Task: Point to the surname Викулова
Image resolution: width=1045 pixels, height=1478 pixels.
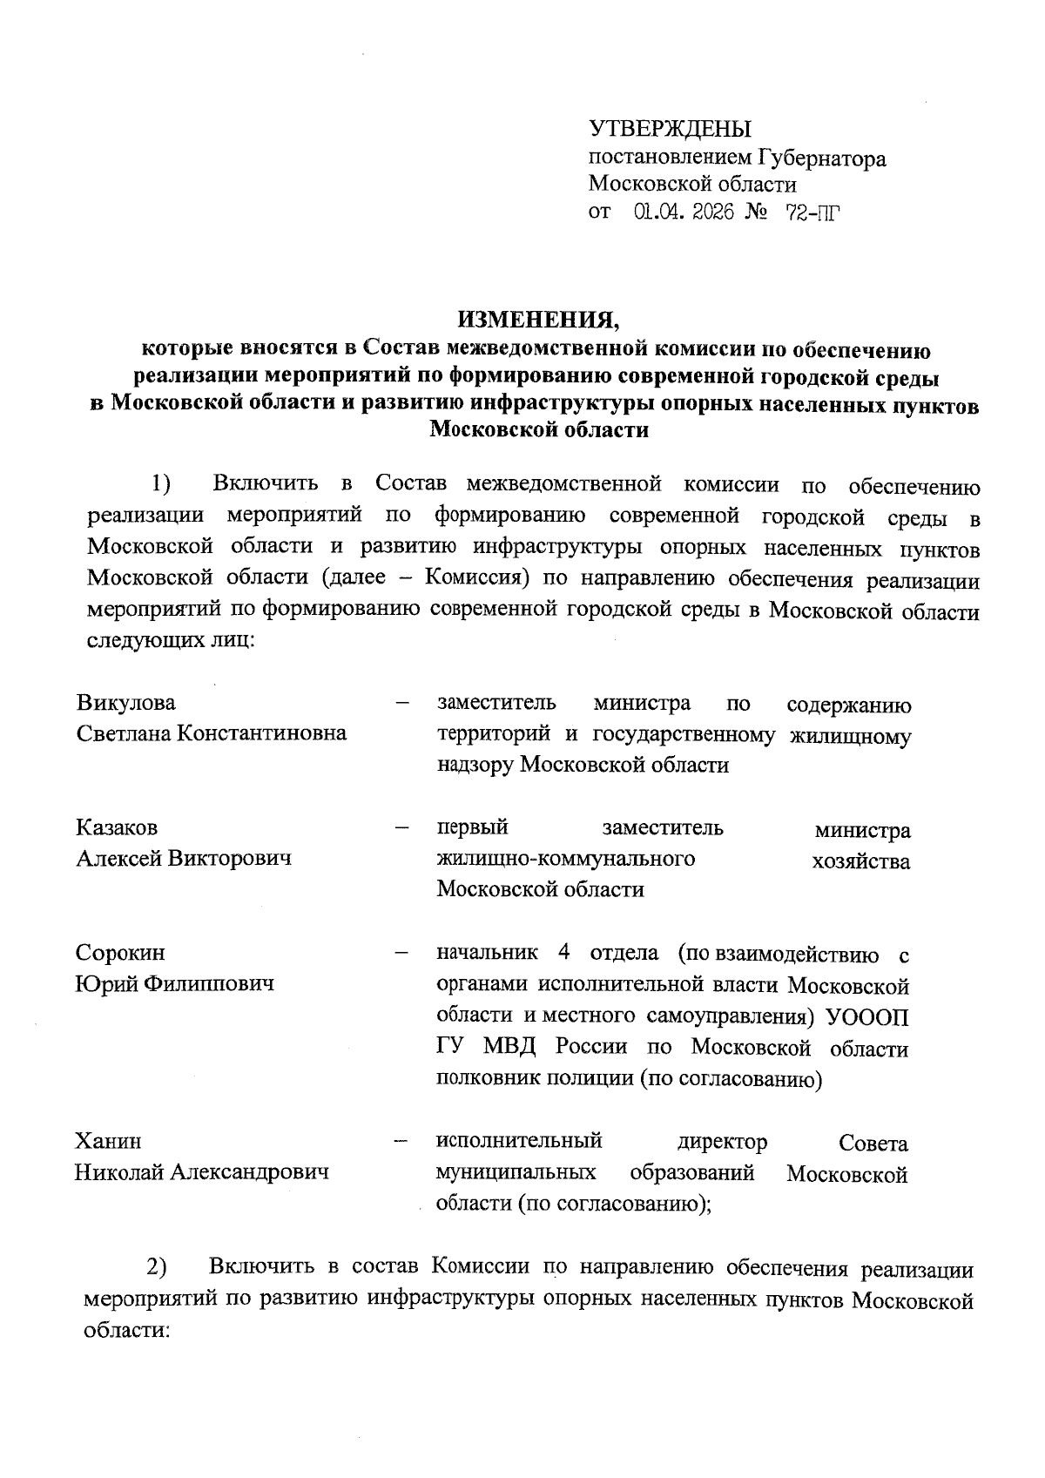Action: tap(125, 703)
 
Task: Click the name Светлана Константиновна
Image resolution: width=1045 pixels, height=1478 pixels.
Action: tap(211, 732)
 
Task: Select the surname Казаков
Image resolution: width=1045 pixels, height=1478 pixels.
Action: tap(117, 827)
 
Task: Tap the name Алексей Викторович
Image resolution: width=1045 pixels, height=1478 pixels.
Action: tap(183, 858)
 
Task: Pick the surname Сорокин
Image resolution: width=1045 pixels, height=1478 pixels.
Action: tap(120, 953)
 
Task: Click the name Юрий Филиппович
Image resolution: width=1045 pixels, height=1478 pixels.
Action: tap(174, 983)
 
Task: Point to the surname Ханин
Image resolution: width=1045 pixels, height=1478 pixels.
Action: tap(108, 1141)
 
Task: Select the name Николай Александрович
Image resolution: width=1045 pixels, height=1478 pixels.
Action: tap(202, 1172)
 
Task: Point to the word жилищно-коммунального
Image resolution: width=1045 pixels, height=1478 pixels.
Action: tap(565, 859)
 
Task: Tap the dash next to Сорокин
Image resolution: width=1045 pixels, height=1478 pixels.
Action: tap(401, 953)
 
